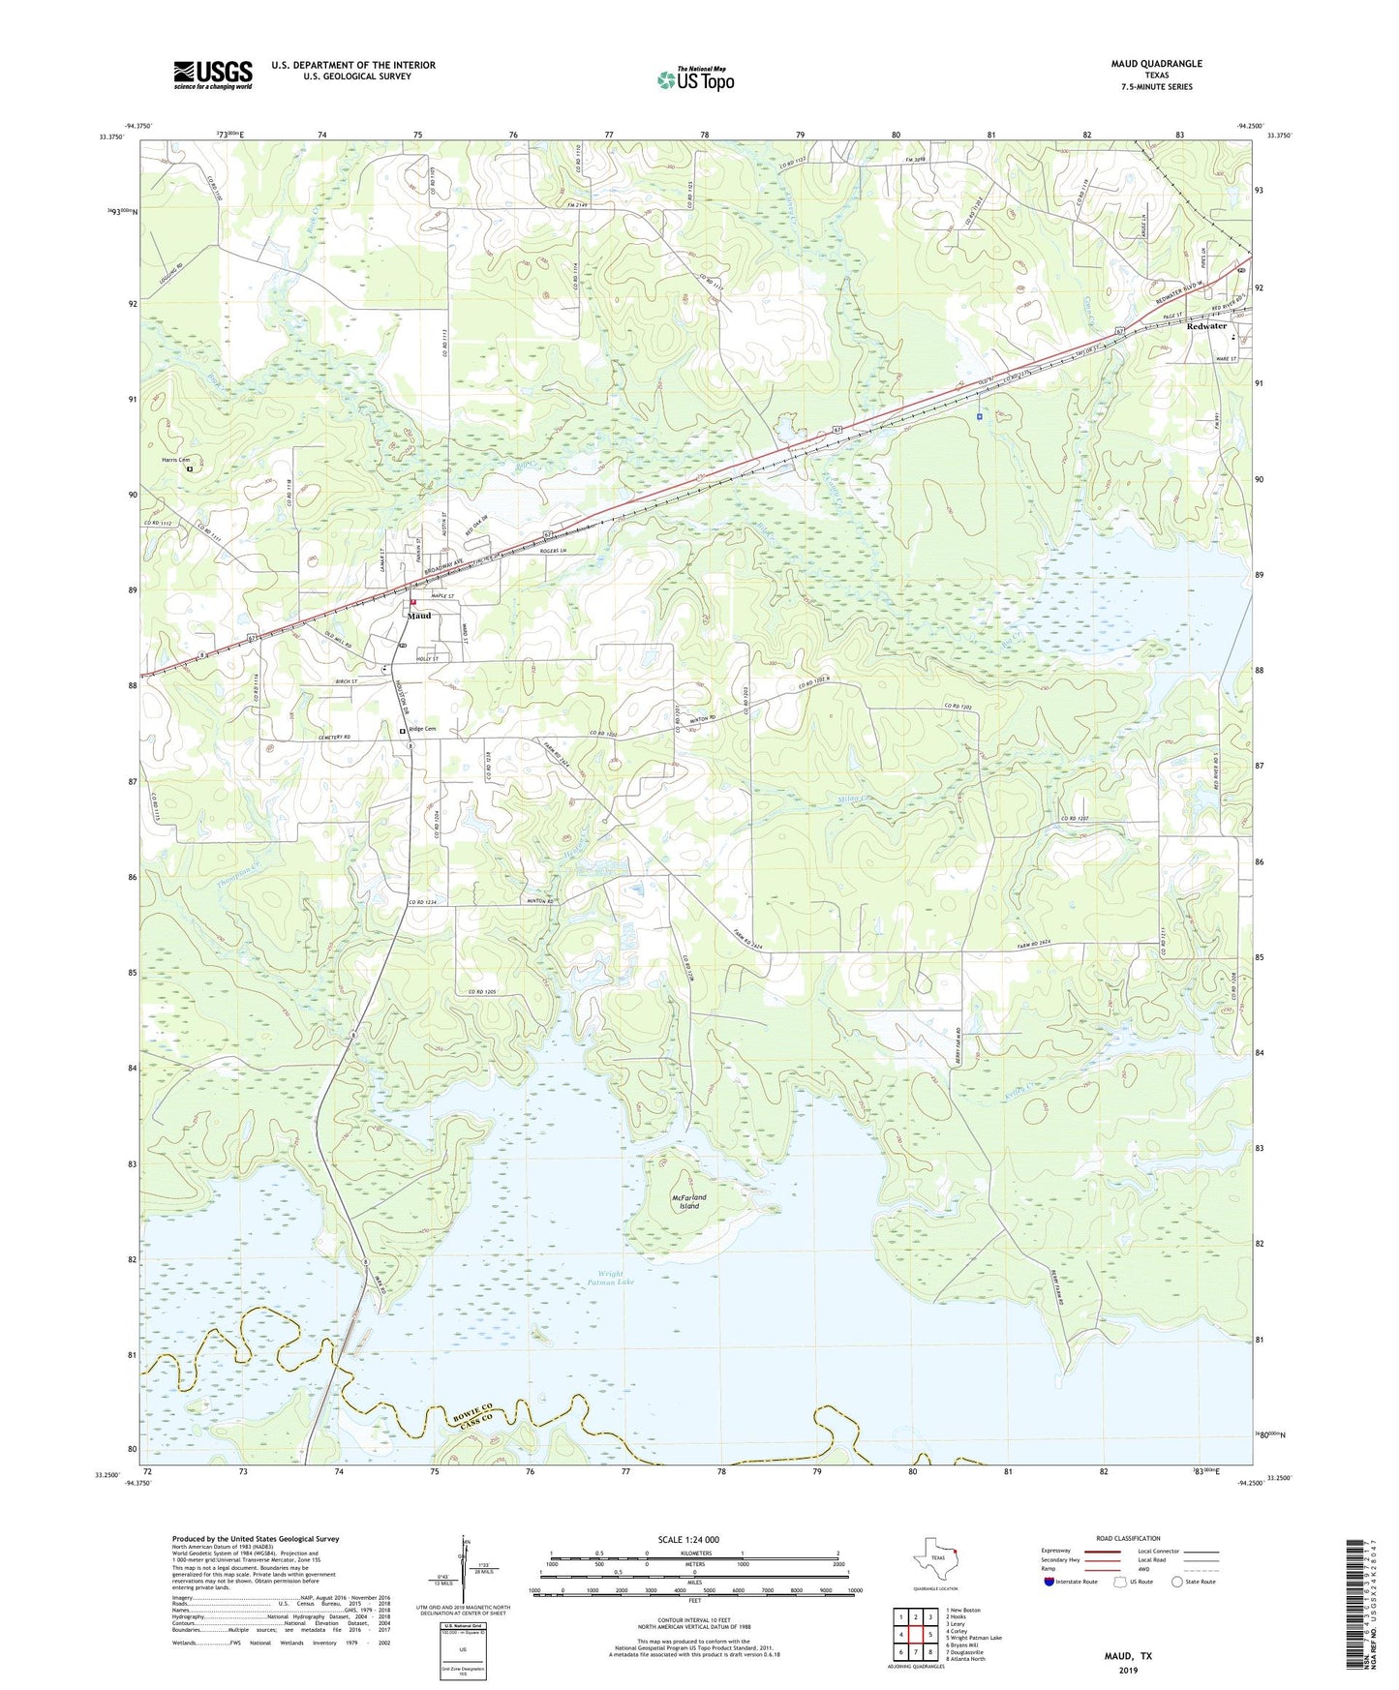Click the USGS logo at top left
[x=212, y=75]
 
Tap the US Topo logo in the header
[x=695, y=79]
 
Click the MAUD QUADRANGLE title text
[x=1156, y=64]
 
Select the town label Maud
[x=419, y=616]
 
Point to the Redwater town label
[x=1206, y=326]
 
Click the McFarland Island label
[x=688, y=1201]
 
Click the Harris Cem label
[x=175, y=460]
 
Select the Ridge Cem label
[x=422, y=729]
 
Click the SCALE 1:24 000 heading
[x=688, y=1539]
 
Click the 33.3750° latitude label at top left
[x=112, y=136]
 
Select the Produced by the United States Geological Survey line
[x=256, y=1538]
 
